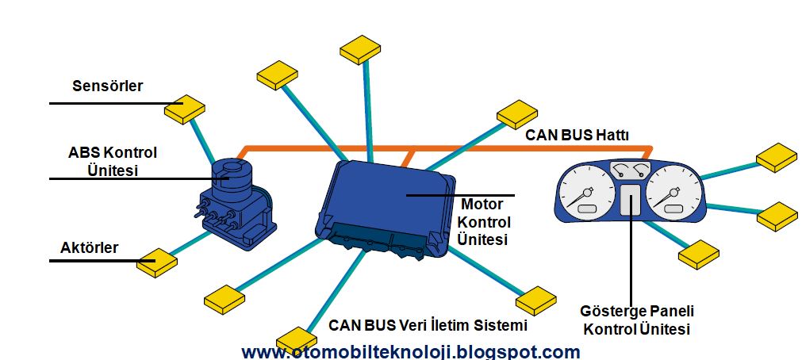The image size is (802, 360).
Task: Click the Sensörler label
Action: [108, 86]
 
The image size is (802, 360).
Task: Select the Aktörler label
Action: [90, 247]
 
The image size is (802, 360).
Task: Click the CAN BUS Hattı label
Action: [577, 136]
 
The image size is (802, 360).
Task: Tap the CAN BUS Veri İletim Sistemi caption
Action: [428, 325]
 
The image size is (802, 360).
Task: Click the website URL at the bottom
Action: [410, 351]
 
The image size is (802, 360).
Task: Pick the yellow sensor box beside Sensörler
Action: [184, 109]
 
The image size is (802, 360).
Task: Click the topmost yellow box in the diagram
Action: [362, 49]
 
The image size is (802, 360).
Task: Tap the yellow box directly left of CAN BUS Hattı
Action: [517, 114]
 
